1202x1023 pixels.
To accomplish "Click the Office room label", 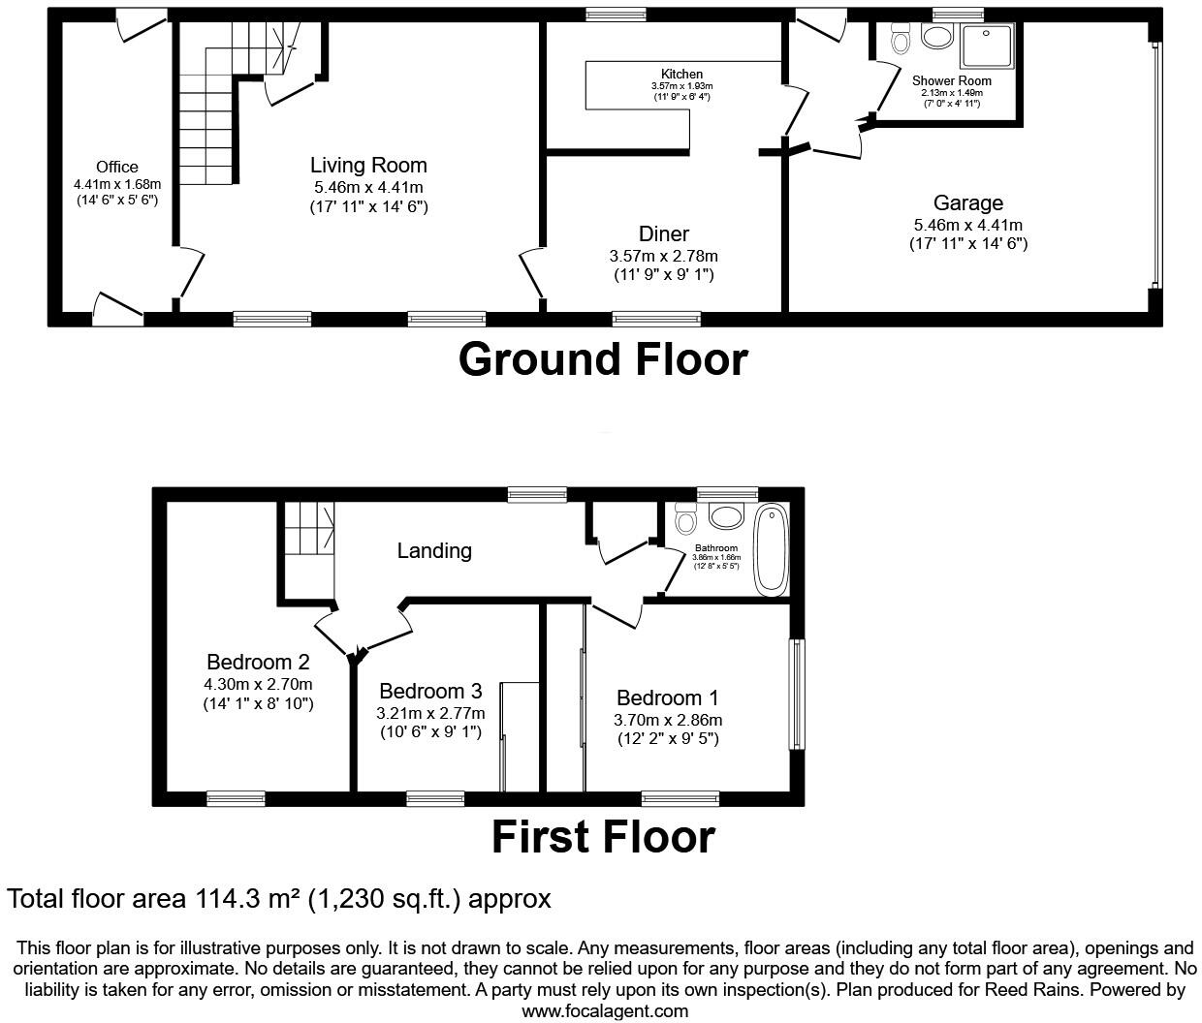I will pyautogui.click(x=116, y=167).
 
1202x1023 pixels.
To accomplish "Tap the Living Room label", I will pyautogui.click(x=368, y=165).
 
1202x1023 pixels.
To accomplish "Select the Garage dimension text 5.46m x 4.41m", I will pyautogui.click(x=967, y=224).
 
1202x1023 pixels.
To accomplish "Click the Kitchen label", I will pyautogui.click(x=681, y=74).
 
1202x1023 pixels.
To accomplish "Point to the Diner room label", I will pyautogui.click(x=663, y=233).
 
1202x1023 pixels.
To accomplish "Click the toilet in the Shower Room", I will pyautogui.click(x=901, y=40).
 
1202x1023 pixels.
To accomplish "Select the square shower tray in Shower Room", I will pyautogui.click(x=988, y=46).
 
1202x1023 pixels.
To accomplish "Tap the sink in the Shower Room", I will pyautogui.click(x=936, y=37).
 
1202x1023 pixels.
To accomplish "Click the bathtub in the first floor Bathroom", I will pyautogui.click(x=772, y=548).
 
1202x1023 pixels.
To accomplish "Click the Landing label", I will pyautogui.click(x=434, y=550).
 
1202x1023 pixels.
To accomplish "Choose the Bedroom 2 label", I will pyautogui.click(x=258, y=663).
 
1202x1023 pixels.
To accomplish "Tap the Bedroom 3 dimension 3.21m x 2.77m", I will pyautogui.click(x=430, y=713).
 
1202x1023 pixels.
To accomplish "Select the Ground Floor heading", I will pyautogui.click(x=602, y=358).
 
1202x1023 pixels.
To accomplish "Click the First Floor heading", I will pyautogui.click(x=602, y=837).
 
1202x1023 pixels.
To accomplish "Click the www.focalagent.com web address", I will pyautogui.click(x=605, y=1010).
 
